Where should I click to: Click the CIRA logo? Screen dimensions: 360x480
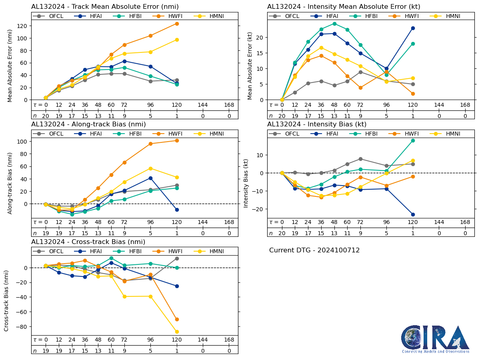(435, 339)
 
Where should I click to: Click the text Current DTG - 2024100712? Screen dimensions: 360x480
(314, 250)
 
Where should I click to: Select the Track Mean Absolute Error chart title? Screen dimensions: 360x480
(105, 7)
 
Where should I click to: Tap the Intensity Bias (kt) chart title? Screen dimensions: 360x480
(317, 124)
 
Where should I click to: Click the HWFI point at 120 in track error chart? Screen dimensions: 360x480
(177, 24)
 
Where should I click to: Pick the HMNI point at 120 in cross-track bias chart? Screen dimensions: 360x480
(177, 332)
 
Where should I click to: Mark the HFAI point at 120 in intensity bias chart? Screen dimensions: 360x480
(413, 214)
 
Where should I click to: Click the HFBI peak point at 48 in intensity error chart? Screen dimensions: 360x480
(334, 24)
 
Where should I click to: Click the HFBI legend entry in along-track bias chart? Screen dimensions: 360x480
(130, 134)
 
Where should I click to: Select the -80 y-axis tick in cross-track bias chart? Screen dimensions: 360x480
(23, 326)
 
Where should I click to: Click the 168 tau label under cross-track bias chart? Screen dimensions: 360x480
(229, 340)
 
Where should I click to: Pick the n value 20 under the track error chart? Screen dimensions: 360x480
(46, 116)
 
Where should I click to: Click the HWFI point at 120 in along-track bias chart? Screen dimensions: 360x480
(177, 140)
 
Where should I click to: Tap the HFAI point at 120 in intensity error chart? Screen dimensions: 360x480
(413, 28)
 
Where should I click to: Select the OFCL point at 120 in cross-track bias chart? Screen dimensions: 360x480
(177, 258)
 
